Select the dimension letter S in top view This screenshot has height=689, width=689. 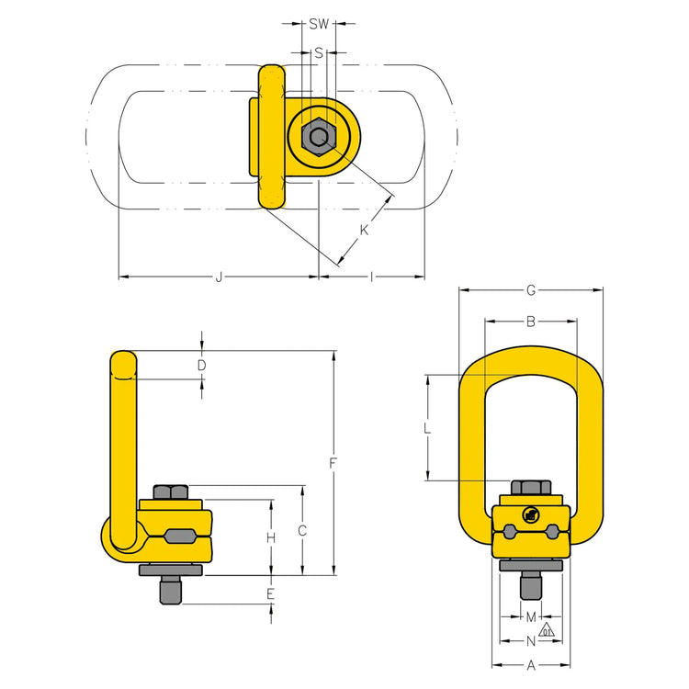(x=319, y=53)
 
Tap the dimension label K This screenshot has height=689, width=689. (x=364, y=231)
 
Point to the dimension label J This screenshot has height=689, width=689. (x=218, y=277)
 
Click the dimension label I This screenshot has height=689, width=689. (x=370, y=277)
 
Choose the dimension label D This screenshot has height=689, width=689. (x=201, y=366)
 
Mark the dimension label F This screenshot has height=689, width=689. (x=333, y=463)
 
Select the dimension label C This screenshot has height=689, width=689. (x=302, y=530)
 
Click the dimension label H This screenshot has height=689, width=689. (x=271, y=537)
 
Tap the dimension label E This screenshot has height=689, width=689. (x=271, y=594)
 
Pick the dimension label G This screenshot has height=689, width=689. (x=530, y=290)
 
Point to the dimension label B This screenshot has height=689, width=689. (x=530, y=322)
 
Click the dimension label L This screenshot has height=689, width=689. (x=427, y=427)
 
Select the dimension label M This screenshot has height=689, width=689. (x=530, y=616)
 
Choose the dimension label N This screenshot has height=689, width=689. (x=530, y=640)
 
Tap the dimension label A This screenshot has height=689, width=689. (x=530, y=666)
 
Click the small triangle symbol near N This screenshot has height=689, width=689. (x=548, y=630)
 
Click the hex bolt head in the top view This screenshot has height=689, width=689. (x=318, y=138)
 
